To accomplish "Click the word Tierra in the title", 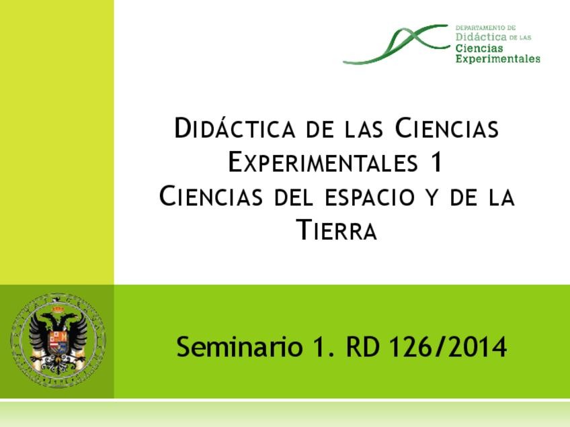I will coord(336,232).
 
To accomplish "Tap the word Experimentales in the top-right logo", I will coord(497,59).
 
